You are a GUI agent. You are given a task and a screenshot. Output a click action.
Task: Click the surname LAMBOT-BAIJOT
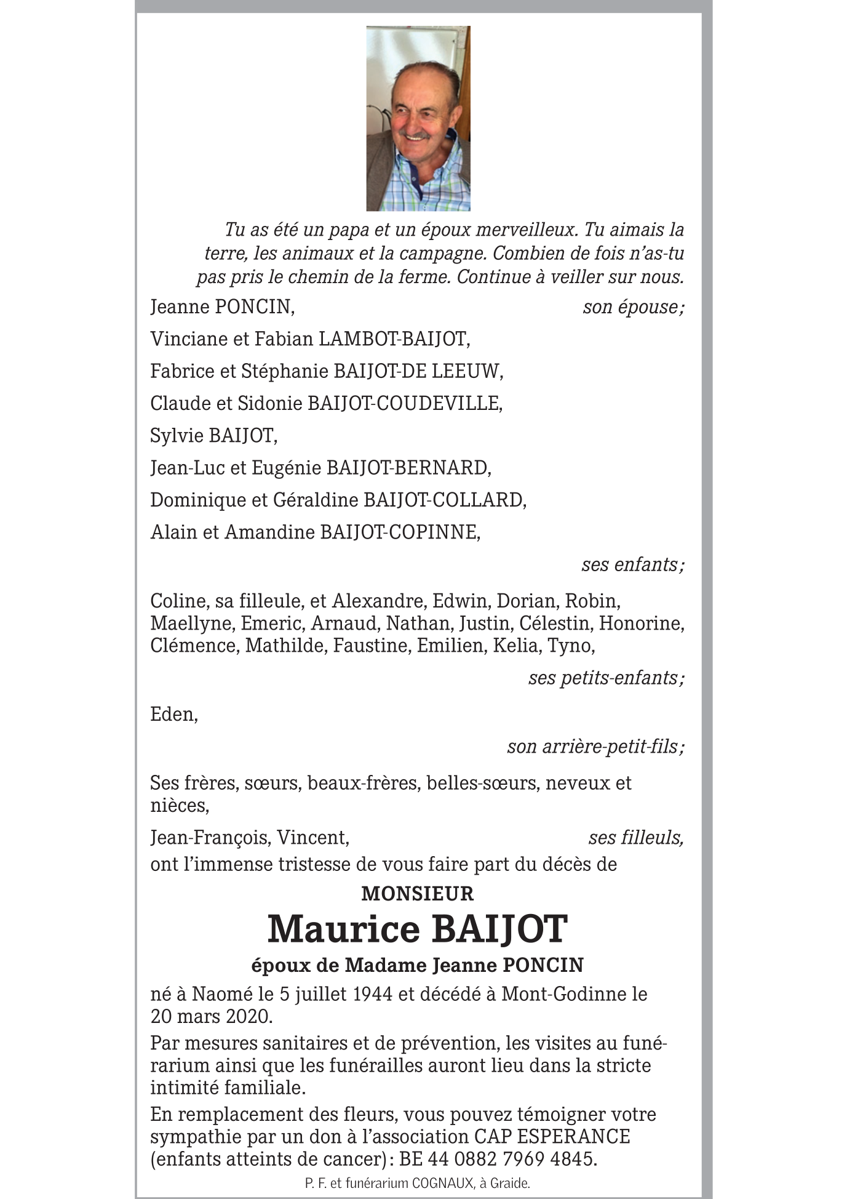tap(393, 339)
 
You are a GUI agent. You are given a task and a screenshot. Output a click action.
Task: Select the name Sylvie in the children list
tap(177, 436)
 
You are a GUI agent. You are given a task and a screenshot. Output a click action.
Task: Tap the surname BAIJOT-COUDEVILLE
tap(404, 403)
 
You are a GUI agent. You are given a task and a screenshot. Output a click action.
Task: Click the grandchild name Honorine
tap(641, 624)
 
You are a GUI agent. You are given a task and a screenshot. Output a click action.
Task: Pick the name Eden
tap(173, 715)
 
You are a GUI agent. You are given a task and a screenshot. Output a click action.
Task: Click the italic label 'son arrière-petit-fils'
tap(594, 747)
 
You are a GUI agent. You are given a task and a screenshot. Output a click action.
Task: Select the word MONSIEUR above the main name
tap(417, 893)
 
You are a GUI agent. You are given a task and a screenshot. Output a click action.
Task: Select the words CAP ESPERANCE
tap(552, 1136)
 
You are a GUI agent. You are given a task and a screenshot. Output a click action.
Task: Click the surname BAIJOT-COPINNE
tap(399, 532)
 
